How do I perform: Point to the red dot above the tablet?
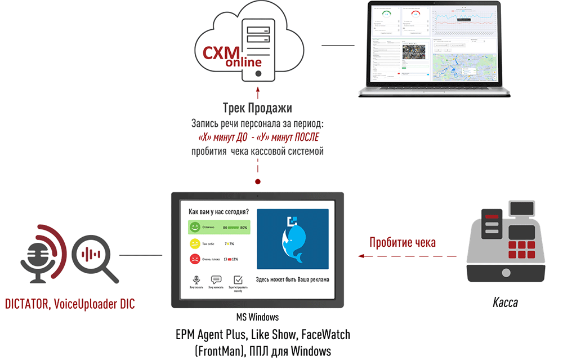[258, 182]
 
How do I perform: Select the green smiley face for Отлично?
[195, 228]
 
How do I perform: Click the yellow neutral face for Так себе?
[195, 244]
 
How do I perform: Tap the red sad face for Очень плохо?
[195, 260]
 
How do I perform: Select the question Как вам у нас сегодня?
[219, 212]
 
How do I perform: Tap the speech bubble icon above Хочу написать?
[216, 280]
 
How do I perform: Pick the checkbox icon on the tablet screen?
[238, 280]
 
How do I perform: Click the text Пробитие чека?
[402, 243]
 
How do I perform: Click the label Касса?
[505, 303]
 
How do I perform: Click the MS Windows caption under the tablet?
[257, 317]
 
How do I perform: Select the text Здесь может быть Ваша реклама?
[292, 279]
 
